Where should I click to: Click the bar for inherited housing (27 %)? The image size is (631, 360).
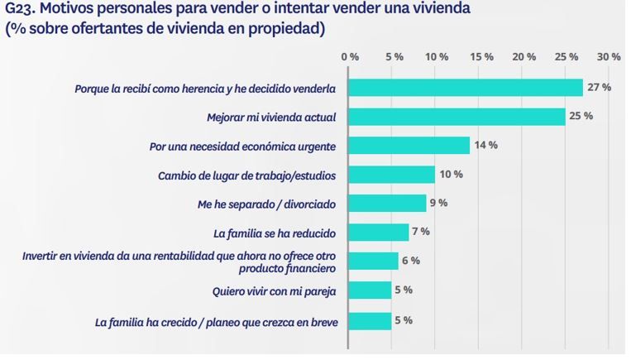(466, 88)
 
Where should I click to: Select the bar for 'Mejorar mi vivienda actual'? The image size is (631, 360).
(457, 117)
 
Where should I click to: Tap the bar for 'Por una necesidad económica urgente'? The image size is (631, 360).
(409, 146)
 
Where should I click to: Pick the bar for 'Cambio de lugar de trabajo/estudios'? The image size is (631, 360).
(391, 175)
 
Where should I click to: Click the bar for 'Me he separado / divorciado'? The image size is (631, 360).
(387, 203)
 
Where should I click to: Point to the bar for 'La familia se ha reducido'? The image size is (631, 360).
(378, 232)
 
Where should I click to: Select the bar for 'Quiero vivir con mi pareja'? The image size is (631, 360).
(370, 290)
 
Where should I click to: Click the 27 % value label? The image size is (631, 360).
(600, 88)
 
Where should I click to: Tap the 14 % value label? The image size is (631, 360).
(485, 146)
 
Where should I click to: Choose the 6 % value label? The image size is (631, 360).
(410, 261)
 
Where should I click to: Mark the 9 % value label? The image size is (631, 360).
(439, 203)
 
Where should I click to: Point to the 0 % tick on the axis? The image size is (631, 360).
(350, 56)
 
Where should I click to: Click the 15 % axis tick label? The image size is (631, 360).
(480, 56)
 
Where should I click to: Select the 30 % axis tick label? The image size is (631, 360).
(609, 56)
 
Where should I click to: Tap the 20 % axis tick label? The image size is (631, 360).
(523, 56)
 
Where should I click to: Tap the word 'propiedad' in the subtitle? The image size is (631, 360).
(286, 30)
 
